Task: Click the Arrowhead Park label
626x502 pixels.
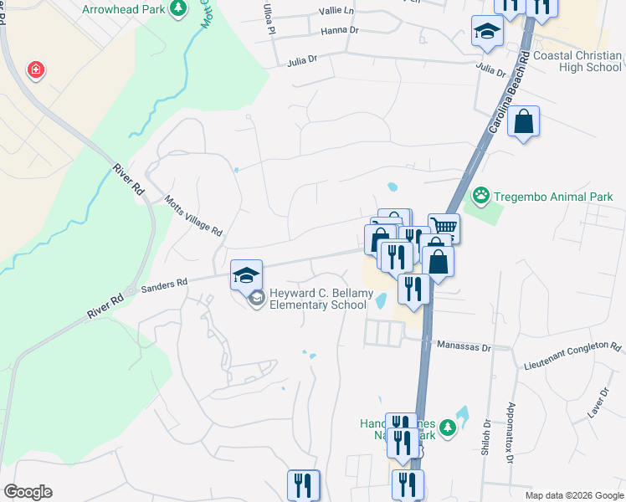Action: pos(123,10)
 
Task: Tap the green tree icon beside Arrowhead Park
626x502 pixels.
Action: pos(177,8)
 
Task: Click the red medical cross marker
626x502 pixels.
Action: pos(35,69)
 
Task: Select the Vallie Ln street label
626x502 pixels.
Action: pos(337,13)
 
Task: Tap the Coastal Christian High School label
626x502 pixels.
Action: pos(577,62)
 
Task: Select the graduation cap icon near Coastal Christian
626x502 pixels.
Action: pos(486,32)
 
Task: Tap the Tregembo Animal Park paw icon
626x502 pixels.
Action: pos(480,197)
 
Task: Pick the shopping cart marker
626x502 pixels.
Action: pos(444,227)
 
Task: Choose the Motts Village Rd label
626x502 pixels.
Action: pos(194,217)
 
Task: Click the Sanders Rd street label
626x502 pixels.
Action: pos(164,285)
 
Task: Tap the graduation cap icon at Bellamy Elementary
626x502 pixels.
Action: pos(246,274)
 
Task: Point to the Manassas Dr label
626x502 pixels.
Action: pos(463,344)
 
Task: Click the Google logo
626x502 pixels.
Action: pos(28,492)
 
